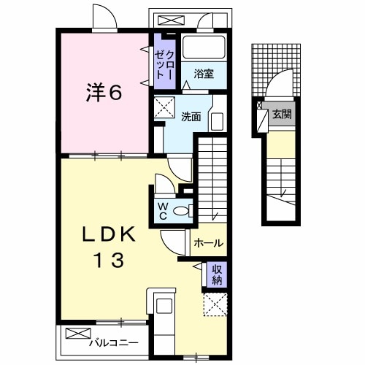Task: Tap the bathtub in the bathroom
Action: pos(203,48)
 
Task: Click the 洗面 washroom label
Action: pos(191,115)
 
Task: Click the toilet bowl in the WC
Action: pos(185,211)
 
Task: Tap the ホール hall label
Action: pos(209,244)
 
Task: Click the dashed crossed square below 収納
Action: pos(216,304)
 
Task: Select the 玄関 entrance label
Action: pos(282,114)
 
